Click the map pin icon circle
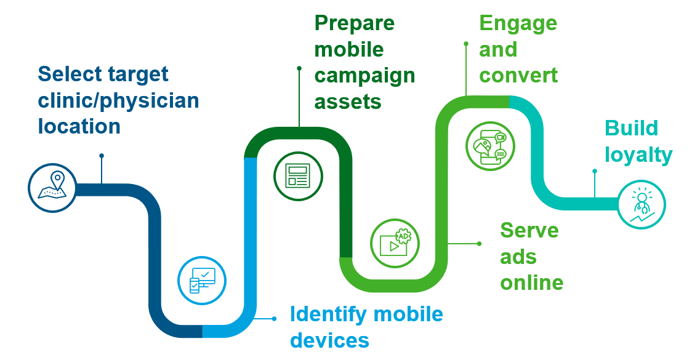coord(52,187)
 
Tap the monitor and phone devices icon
coord(202,281)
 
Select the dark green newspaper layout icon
coord(298,176)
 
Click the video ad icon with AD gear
coord(395,243)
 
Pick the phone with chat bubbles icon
coord(490,146)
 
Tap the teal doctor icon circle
coord(642,205)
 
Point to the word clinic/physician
coord(118,102)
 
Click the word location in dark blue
coord(79,126)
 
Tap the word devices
coord(329,340)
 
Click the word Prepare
coord(355,23)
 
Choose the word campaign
coord(364,76)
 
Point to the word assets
coord(348,102)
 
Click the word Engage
coord(518,23)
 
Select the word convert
coord(518,76)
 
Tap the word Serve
coord(529,231)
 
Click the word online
coord(532,282)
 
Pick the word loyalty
coord(638,156)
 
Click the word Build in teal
coord(631,129)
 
